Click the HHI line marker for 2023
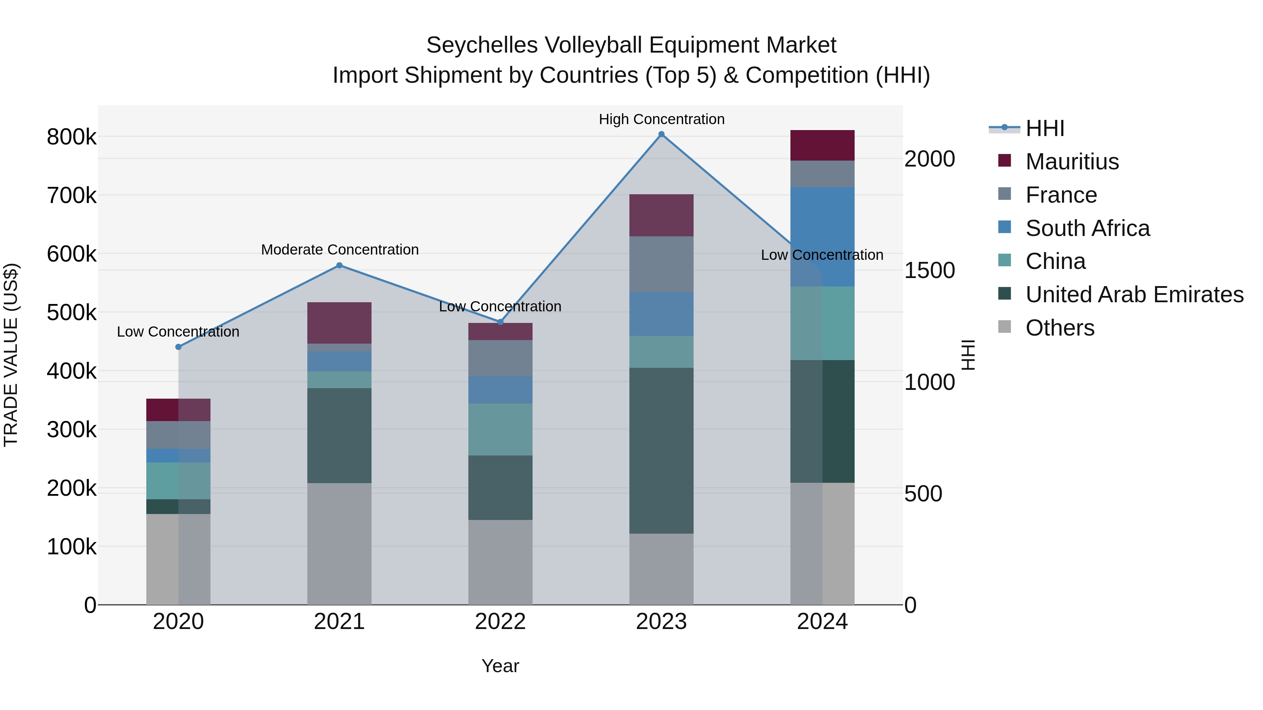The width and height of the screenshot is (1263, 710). pyautogui.click(x=661, y=134)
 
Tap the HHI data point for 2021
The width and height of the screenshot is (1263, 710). pyautogui.click(x=339, y=265)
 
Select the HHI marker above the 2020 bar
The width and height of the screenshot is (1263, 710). pyautogui.click(x=179, y=347)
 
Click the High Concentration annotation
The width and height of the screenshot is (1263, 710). pyautogui.click(x=661, y=119)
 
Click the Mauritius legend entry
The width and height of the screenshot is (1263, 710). pyautogui.click(x=1072, y=162)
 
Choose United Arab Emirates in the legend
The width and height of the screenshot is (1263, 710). pyautogui.click(x=1134, y=295)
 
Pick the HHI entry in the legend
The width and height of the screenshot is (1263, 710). pyautogui.click(x=1044, y=128)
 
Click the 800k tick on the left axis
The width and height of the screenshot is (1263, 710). pyautogui.click(x=72, y=137)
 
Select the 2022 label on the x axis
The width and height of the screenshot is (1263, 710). pyautogui.click(x=500, y=622)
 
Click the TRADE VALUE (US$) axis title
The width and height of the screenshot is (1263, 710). pyautogui.click(x=11, y=355)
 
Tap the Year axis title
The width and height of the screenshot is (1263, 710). pyautogui.click(x=500, y=666)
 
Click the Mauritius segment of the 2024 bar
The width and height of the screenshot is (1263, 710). pyautogui.click(x=822, y=145)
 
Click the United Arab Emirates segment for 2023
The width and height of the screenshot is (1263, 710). pyautogui.click(x=661, y=451)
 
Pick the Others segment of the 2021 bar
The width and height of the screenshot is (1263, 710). pyautogui.click(x=339, y=544)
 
